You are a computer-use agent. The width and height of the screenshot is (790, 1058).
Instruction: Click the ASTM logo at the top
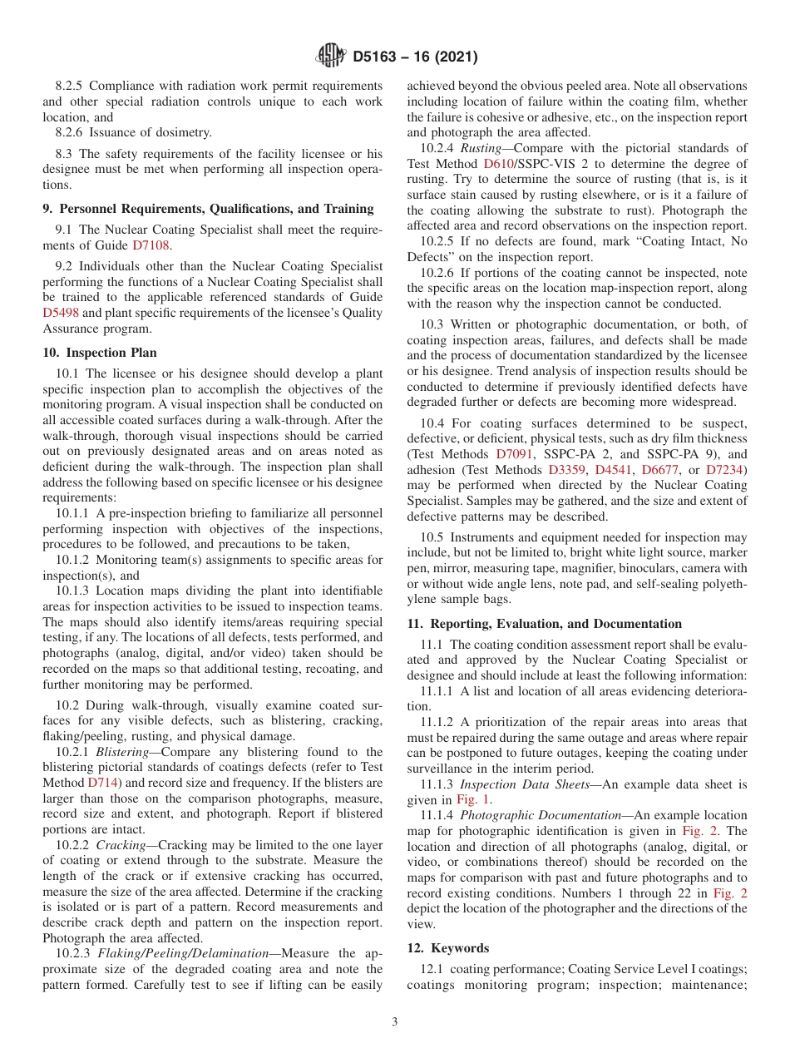point(330,57)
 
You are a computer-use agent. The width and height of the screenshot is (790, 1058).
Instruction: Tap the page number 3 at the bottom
point(394,1021)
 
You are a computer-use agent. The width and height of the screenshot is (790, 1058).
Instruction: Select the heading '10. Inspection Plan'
point(99,353)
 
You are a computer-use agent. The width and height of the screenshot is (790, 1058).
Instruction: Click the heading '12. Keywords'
point(447,948)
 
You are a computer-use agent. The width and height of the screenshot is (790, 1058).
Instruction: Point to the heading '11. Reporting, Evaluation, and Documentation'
point(544,624)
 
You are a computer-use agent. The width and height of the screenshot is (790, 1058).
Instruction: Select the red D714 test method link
point(103,783)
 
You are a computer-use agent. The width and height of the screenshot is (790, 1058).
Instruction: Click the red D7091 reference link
point(512,454)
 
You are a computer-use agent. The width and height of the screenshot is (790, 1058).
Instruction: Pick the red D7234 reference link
point(726,470)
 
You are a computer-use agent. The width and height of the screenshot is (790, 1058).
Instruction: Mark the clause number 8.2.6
point(72,133)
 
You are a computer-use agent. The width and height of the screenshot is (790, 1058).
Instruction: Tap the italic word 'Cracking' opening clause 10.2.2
point(121,844)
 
